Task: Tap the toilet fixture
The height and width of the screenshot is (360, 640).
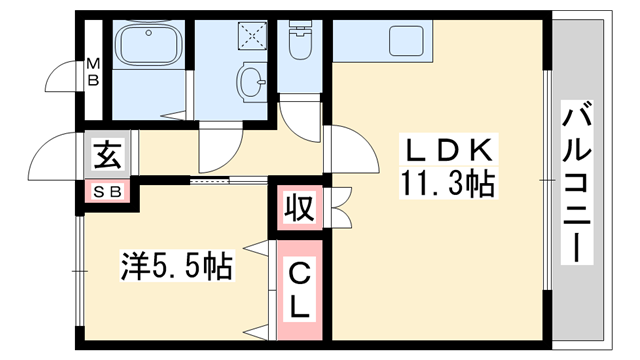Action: (300, 43)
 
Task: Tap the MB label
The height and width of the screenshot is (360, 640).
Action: (92, 73)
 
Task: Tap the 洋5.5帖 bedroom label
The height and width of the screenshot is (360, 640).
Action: (177, 266)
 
